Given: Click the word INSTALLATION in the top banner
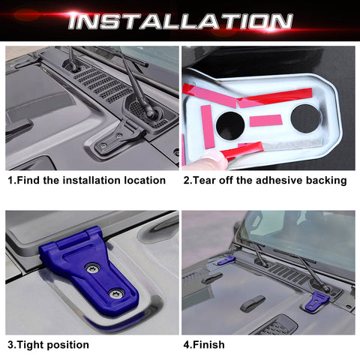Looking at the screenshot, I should [179, 21].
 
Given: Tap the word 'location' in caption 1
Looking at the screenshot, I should [140, 180].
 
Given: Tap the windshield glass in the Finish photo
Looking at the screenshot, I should [300, 232].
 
